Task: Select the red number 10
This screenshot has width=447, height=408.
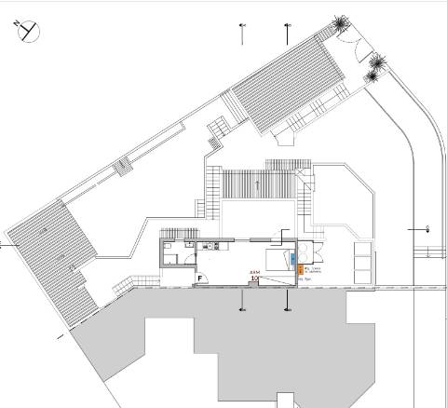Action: click(x=255, y=277)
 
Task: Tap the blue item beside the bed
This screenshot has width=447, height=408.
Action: click(x=293, y=258)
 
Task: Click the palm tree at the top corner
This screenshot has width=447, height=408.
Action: click(x=343, y=22)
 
